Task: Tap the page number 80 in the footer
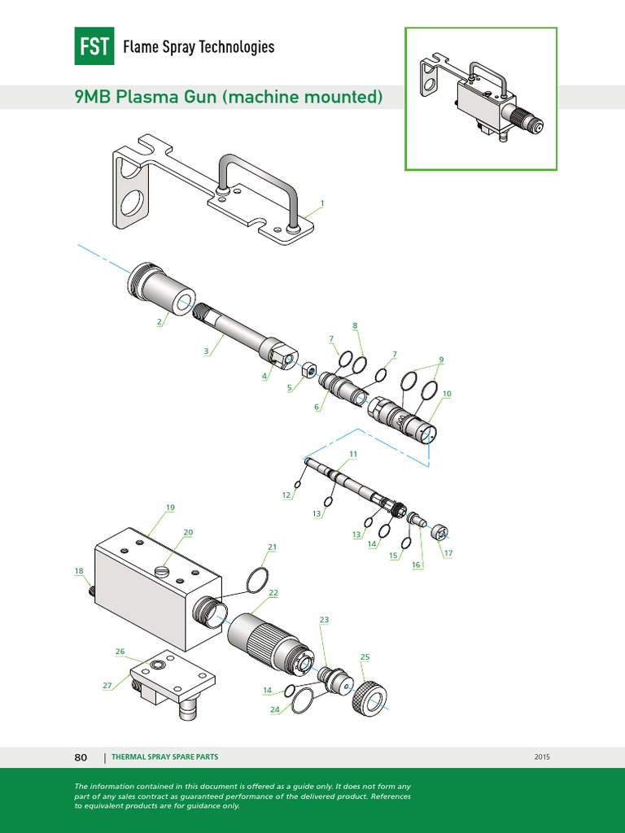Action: point(81,757)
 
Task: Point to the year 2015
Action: point(543,757)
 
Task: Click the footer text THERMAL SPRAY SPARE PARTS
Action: point(164,757)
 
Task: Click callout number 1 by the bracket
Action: point(322,203)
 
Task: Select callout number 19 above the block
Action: point(170,508)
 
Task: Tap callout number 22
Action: point(273,593)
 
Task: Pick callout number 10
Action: point(447,394)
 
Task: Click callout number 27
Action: point(107,685)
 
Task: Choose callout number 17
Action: point(448,554)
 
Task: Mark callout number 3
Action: point(207,351)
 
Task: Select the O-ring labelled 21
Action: point(258,578)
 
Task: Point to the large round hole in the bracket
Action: point(135,204)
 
